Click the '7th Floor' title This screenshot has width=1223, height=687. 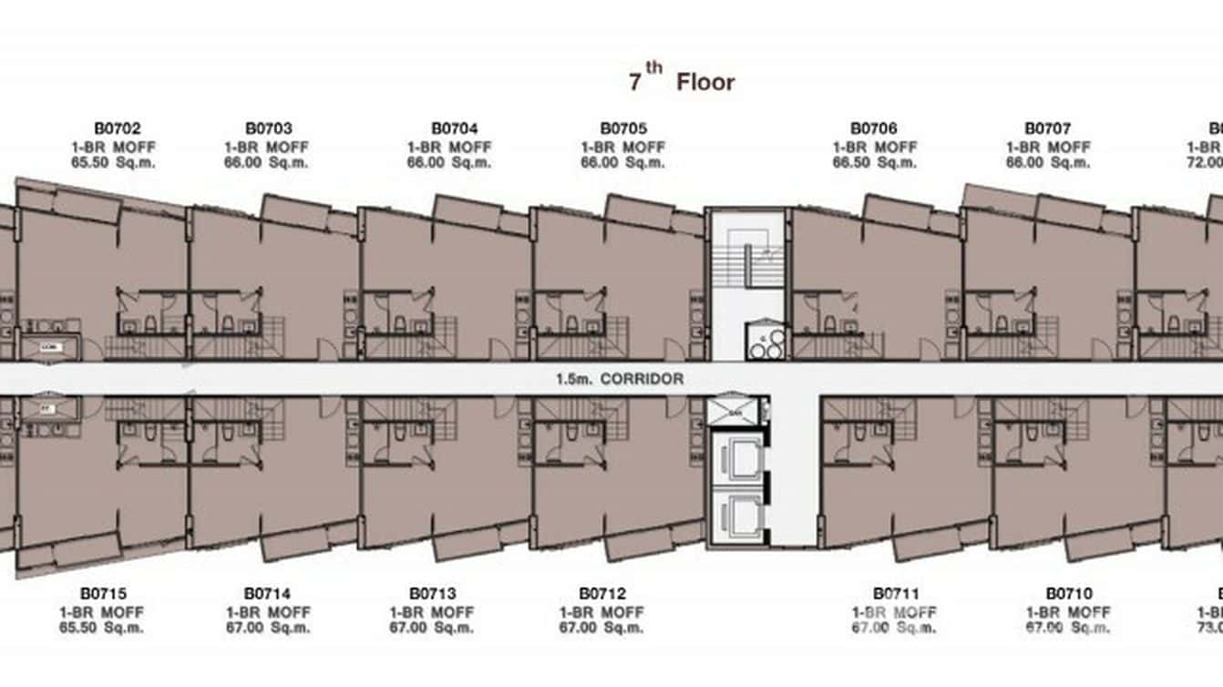tap(681, 81)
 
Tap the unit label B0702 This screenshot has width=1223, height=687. tap(117, 129)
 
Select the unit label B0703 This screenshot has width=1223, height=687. tap(268, 129)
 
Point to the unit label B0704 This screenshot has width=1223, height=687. tap(454, 129)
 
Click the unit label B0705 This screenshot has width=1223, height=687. tap(623, 129)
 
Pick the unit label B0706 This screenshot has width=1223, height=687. tap(874, 129)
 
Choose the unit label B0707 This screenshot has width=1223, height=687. tap(1047, 129)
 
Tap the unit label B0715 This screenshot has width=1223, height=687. tap(102, 594)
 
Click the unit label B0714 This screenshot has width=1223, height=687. tap(268, 594)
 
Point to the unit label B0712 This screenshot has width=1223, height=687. tap(602, 594)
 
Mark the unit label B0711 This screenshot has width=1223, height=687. tap(896, 594)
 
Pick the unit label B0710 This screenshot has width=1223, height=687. tap(1068, 594)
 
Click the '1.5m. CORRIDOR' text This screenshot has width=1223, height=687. tap(620, 379)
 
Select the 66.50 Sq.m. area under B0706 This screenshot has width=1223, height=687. tap(875, 163)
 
